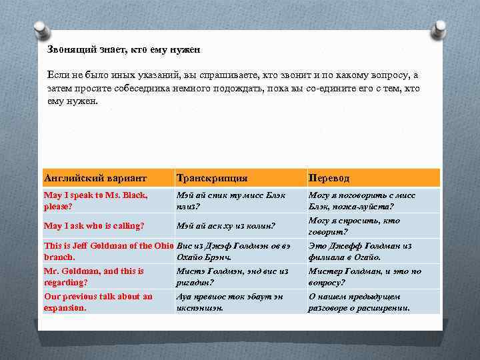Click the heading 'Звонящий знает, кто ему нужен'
(x=123, y=50)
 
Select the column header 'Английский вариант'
(x=95, y=178)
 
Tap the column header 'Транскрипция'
(x=211, y=178)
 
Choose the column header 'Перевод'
(x=329, y=178)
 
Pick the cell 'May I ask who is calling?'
(x=94, y=226)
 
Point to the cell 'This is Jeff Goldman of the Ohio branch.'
(x=107, y=251)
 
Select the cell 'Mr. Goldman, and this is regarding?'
(x=93, y=277)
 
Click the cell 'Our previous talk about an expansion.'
(x=98, y=302)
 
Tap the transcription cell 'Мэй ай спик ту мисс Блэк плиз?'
(x=231, y=201)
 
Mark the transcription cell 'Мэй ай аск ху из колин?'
(x=226, y=226)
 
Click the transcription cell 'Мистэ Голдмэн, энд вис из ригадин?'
(x=232, y=277)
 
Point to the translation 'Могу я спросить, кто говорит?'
(x=354, y=226)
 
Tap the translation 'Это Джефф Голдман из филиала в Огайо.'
(x=359, y=251)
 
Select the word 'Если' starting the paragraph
(x=57, y=77)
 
